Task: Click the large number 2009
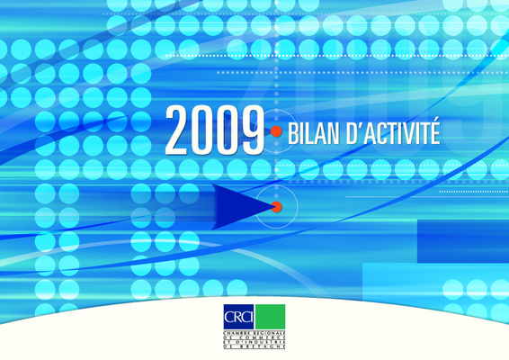(215, 130)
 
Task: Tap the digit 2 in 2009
(177, 130)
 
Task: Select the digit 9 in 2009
(253, 130)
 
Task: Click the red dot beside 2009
(276, 131)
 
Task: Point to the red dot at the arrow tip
(277, 207)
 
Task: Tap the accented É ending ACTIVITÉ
(434, 131)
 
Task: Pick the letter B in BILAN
(292, 134)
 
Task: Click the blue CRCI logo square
(238, 317)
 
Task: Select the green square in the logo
(270, 317)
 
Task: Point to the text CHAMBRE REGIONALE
(254, 334)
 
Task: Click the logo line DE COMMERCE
(254, 337)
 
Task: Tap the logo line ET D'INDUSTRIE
(254, 343)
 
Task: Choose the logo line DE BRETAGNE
(254, 346)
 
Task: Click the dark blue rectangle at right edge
(463, 241)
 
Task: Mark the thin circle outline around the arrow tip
(255, 207)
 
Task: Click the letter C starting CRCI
(228, 317)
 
